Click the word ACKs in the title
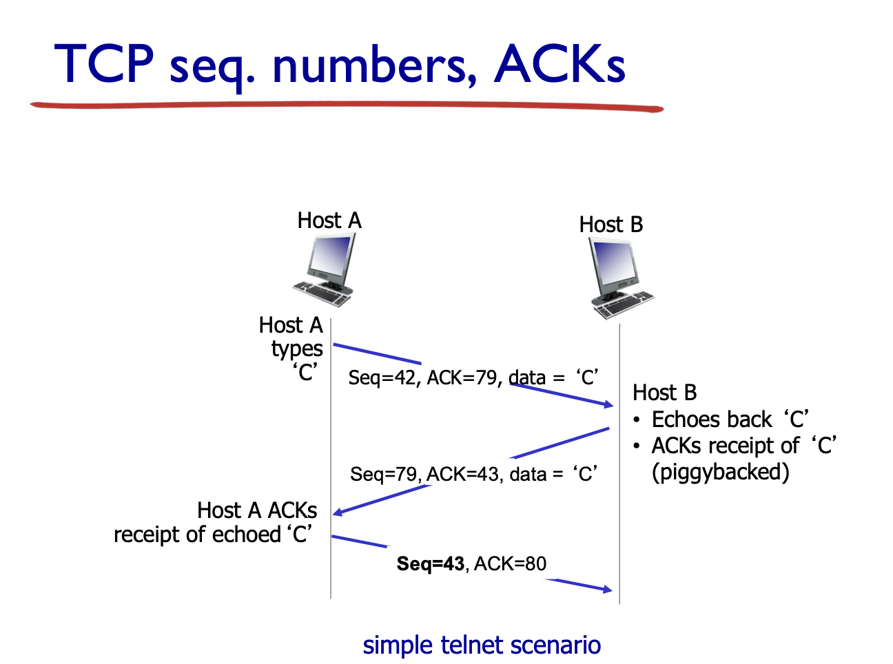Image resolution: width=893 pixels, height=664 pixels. pyautogui.click(x=560, y=64)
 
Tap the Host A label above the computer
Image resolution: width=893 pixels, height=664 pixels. pyautogui.click(x=329, y=220)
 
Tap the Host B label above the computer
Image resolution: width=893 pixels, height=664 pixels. pyautogui.click(x=610, y=225)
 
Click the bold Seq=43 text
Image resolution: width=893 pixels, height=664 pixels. pyautogui.click(x=431, y=563)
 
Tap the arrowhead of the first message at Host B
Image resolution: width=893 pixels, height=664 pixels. pyautogui.click(x=608, y=404)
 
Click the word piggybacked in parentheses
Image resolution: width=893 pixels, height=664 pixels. pyautogui.click(x=720, y=472)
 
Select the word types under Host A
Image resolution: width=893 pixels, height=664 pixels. pyautogui.click(x=297, y=349)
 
